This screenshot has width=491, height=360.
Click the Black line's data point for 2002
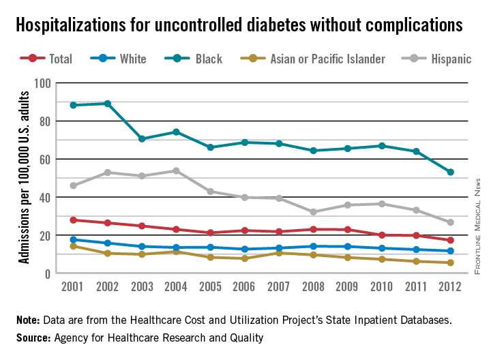107,104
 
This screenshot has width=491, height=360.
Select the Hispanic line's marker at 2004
177,170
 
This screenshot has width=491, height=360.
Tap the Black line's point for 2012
451,172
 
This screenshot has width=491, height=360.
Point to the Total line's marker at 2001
73,220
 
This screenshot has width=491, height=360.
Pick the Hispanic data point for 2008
314,212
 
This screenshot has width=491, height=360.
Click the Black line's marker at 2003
142,139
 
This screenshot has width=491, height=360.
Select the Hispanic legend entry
451,59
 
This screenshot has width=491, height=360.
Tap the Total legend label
60,59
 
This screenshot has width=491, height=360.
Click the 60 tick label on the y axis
45,159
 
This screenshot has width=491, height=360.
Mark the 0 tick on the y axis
48,273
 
